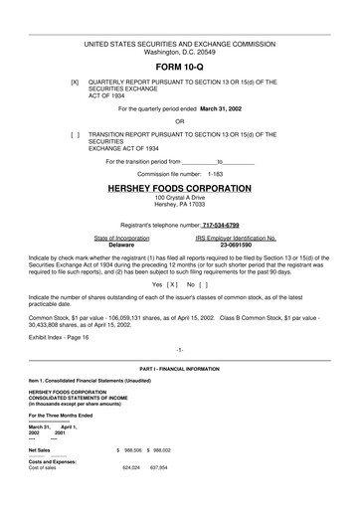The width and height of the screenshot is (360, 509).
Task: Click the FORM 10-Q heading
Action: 179,67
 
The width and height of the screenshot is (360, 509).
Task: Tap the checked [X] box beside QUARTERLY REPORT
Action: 74,82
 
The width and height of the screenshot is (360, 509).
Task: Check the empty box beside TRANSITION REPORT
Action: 74,133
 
